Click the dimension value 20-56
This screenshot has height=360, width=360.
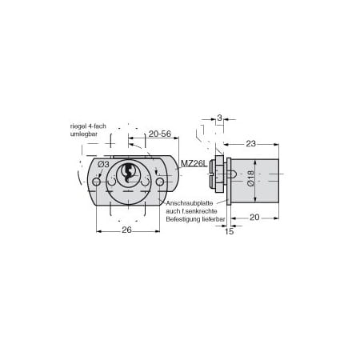point(160,134)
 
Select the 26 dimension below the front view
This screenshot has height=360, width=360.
point(126,230)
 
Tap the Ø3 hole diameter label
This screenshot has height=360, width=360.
point(103,165)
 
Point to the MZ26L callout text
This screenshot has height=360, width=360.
point(194,163)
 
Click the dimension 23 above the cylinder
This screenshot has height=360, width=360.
point(250,144)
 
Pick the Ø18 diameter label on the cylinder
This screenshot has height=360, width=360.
point(250,178)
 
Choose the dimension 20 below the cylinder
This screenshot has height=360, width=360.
point(254,218)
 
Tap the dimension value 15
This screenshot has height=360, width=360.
point(229,231)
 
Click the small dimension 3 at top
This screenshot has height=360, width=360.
point(219,118)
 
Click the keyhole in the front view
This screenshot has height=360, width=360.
point(128,172)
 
